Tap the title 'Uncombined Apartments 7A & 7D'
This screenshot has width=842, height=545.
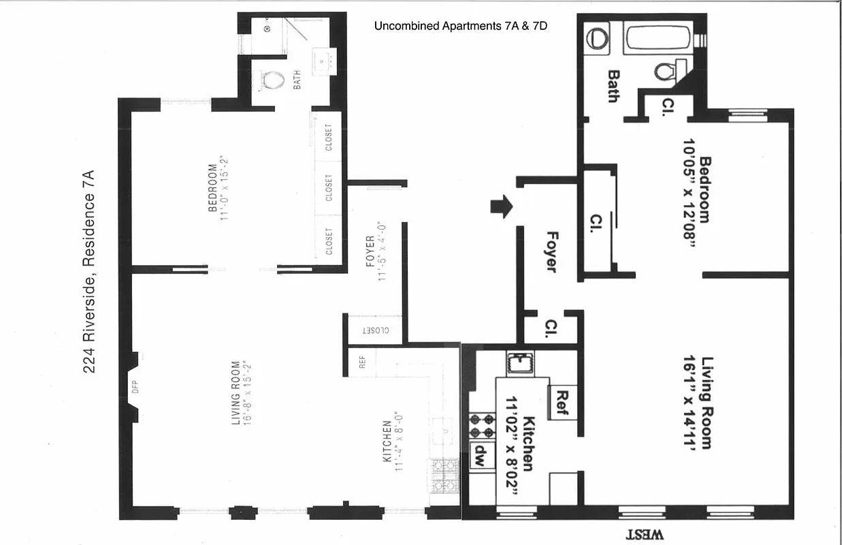(x=461, y=27)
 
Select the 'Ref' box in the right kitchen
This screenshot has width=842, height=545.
(x=562, y=402)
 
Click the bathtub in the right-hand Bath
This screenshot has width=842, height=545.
(x=657, y=37)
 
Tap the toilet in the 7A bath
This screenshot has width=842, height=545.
(x=272, y=80)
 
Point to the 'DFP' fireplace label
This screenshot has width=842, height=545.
(x=135, y=387)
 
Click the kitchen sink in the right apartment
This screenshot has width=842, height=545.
(x=521, y=362)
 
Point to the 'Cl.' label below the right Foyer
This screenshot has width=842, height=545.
(x=551, y=330)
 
